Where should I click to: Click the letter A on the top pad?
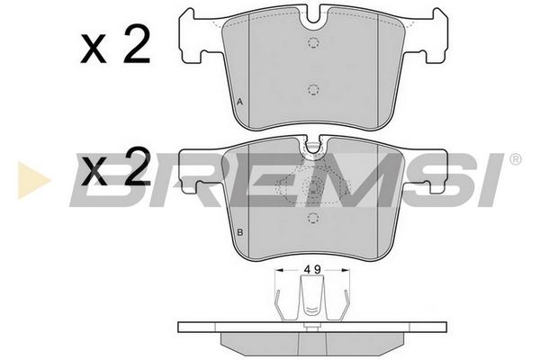(240, 102)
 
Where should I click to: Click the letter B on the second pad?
(240, 232)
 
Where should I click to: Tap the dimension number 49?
(312, 270)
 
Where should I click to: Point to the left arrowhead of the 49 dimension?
(280, 270)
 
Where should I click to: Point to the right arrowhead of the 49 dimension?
(345, 270)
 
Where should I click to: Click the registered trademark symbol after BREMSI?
(515, 159)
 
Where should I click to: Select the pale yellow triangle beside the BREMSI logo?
(33, 180)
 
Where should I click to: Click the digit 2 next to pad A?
(138, 44)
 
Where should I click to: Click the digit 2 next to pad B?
(138, 166)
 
